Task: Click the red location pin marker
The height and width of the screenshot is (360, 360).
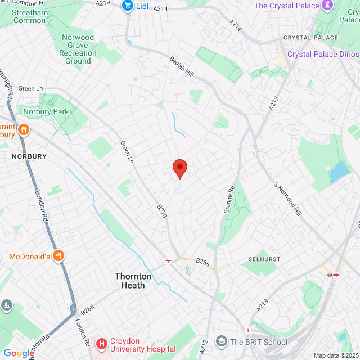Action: point(179,168)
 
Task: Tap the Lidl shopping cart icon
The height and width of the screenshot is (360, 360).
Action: point(128,6)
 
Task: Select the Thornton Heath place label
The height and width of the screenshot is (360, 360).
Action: point(130,281)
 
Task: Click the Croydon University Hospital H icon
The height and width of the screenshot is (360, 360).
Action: point(102,343)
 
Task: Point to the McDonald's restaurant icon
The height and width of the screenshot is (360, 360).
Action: point(59,256)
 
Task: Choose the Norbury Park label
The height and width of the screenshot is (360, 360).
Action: point(46,111)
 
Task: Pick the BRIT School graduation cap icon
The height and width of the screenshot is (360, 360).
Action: point(222,342)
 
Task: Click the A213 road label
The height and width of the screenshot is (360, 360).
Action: point(263,305)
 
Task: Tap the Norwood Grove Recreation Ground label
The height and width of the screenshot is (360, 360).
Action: point(78,49)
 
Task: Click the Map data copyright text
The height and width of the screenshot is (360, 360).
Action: point(335,355)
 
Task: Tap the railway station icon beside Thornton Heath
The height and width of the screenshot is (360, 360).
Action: point(168,260)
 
